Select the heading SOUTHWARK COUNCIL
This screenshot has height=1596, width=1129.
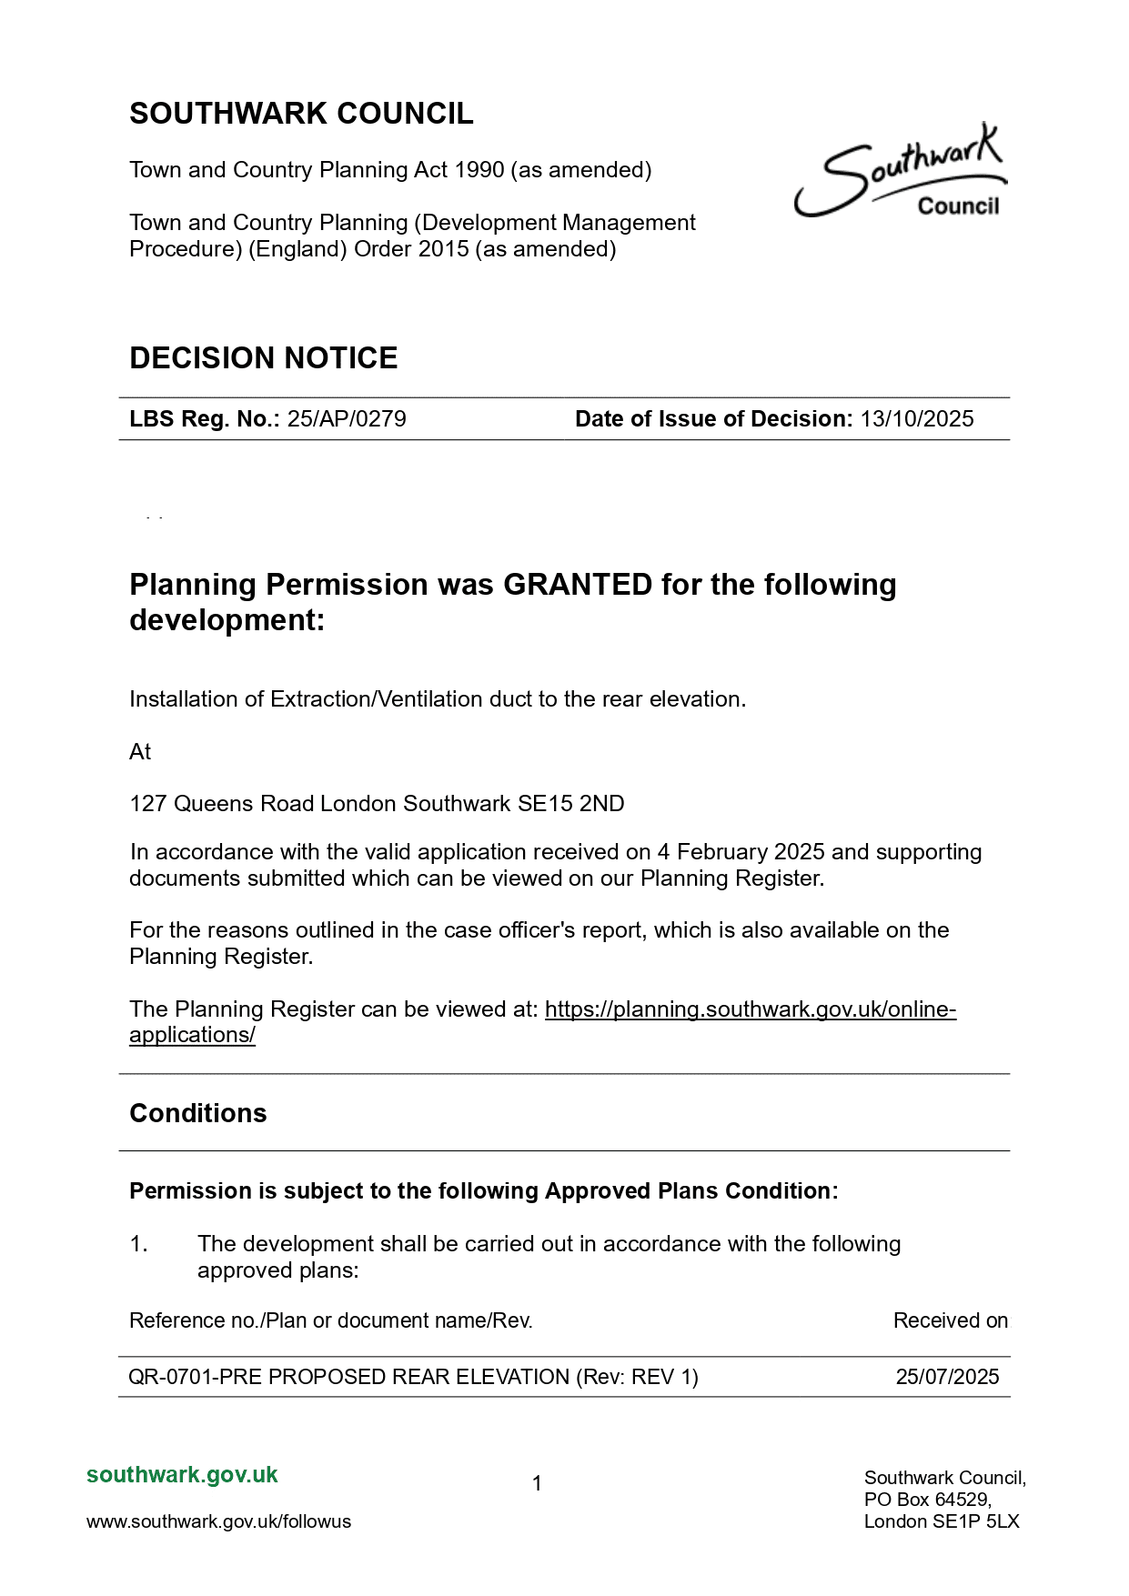click(301, 114)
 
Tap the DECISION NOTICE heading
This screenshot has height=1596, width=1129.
click(264, 358)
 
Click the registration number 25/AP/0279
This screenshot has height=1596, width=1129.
click(347, 419)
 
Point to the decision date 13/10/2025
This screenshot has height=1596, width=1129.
click(917, 419)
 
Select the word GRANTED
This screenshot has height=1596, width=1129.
click(578, 585)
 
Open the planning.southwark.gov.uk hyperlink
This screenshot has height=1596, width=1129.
click(750, 1009)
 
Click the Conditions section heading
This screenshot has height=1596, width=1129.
click(198, 1114)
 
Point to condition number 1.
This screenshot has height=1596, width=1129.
click(138, 1244)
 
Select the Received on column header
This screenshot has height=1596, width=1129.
click(950, 1320)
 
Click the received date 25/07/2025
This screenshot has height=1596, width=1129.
click(947, 1377)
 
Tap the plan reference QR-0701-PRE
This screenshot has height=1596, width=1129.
click(195, 1377)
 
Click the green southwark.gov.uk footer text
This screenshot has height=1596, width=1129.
click(182, 1475)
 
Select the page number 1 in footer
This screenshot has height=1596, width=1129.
click(537, 1484)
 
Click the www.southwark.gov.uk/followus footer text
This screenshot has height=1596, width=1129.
click(218, 1521)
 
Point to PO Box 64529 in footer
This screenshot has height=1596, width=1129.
click(928, 1500)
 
